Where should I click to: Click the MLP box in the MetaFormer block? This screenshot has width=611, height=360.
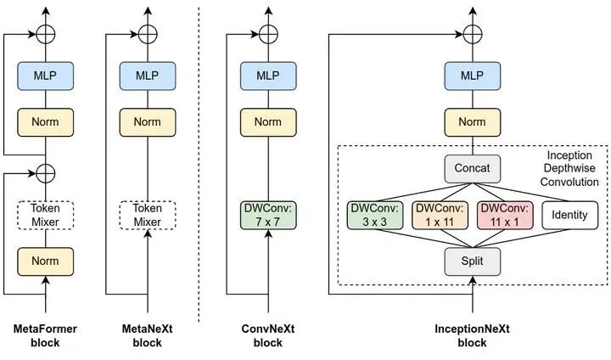(x=45, y=76)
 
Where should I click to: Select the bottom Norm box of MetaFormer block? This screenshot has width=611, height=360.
(x=45, y=262)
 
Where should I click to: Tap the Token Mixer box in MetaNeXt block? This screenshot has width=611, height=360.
(x=148, y=215)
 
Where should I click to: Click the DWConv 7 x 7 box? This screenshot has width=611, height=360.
(x=268, y=215)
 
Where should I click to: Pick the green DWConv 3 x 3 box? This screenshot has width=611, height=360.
(x=375, y=215)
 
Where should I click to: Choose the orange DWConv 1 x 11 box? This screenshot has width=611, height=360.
(x=440, y=215)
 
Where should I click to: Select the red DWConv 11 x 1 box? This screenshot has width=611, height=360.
(x=505, y=215)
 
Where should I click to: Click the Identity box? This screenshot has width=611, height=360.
(x=569, y=215)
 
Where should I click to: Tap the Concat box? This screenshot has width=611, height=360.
(x=473, y=168)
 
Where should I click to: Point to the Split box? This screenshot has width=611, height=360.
(x=473, y=262)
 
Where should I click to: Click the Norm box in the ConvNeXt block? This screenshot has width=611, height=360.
(x=268, y=122)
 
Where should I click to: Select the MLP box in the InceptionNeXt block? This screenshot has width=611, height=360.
(x=473, y=76)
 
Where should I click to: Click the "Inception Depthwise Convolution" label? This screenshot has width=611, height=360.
(x=569, y=168)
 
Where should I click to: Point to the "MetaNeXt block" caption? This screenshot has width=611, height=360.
(x=148, y=335)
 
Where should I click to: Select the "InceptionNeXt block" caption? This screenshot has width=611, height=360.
(x=472, y=335)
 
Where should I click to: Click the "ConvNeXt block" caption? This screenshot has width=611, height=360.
(x=268, y=335)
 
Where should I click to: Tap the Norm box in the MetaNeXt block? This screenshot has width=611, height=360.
(x=148, y=122)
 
